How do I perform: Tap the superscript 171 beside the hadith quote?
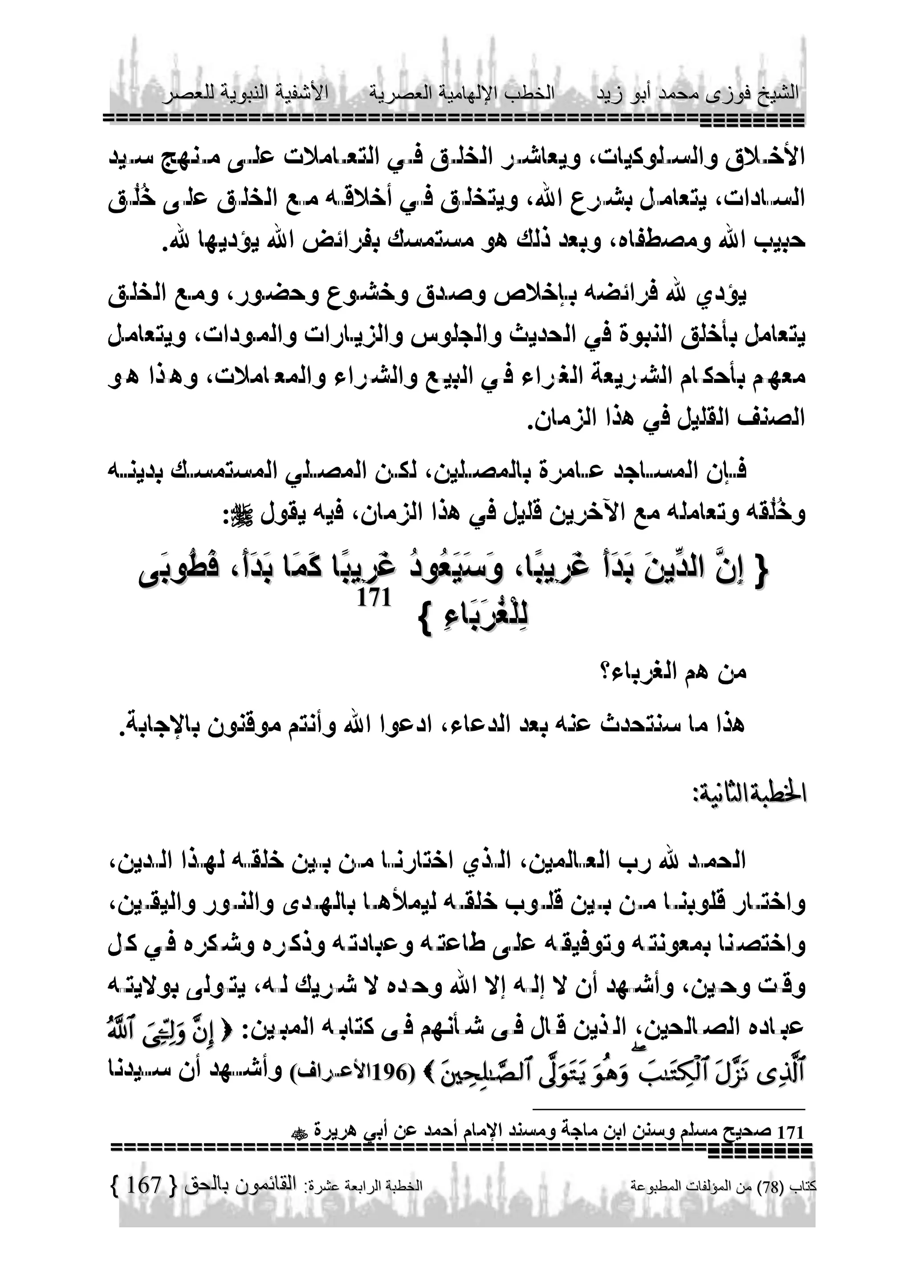coord(374,598)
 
